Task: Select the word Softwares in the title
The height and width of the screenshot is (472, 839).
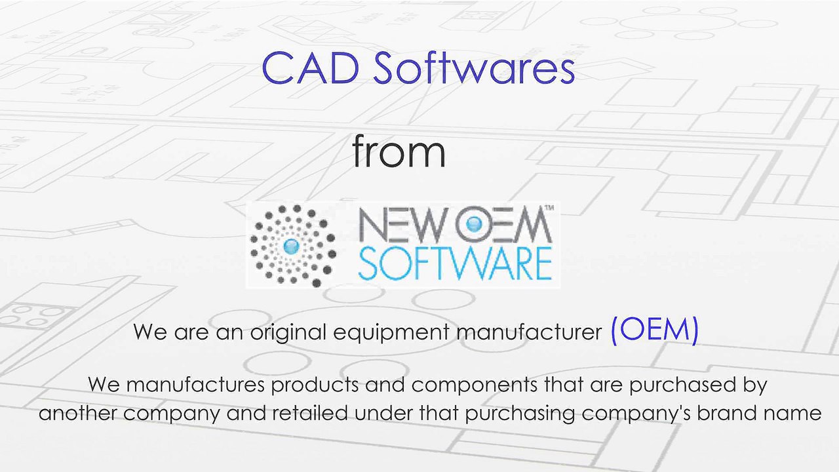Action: click(474, 68)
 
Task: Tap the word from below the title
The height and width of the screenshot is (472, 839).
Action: click(399, 151)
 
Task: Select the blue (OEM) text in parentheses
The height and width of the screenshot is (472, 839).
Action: click(654, 330)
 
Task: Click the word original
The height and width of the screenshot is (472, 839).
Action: click(288, 332)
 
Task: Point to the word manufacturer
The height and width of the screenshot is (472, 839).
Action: click(529, 332)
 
